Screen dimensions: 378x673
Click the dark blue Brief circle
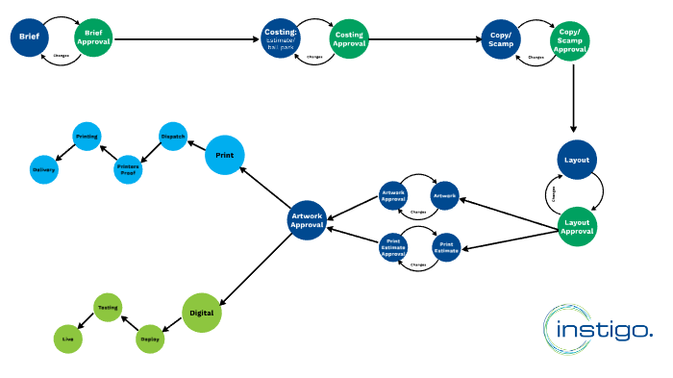(29, 38)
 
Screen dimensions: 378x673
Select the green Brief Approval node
(93, 38)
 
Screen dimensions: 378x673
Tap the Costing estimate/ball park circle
(282, 38)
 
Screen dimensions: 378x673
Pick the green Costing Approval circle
(348, 38)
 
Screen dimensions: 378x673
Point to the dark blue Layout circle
(578, 160)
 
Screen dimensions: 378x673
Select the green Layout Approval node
(578, 225)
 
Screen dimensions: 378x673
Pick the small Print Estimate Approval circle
(393, 247)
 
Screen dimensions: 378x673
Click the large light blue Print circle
(225, 155)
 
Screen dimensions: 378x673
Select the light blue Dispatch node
(172, 136)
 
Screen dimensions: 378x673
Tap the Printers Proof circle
(128, 170)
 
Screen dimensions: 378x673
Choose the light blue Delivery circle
(44, 170)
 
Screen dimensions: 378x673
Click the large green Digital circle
(202, 313)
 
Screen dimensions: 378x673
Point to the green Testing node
(107, 308)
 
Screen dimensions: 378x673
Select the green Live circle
(67, 340)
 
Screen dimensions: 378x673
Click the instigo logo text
(607, 331)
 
